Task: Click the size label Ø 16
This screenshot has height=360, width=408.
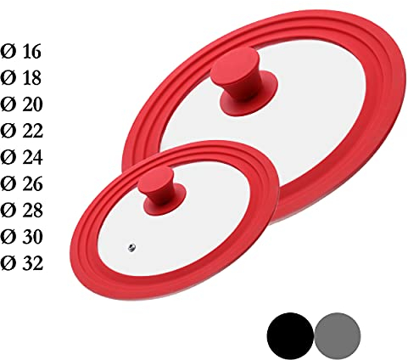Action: point(23,52)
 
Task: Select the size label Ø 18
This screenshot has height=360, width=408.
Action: point(23,78)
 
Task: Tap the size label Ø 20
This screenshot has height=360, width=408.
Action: point(23,104)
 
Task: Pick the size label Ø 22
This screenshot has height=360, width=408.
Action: point(23,131)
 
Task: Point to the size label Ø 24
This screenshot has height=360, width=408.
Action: point(23,157)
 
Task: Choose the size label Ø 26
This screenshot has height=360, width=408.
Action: point(23,183)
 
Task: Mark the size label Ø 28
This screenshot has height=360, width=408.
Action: point(23,210)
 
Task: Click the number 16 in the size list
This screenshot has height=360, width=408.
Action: point(31,52)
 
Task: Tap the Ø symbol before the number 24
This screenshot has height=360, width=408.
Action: point(8,157)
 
